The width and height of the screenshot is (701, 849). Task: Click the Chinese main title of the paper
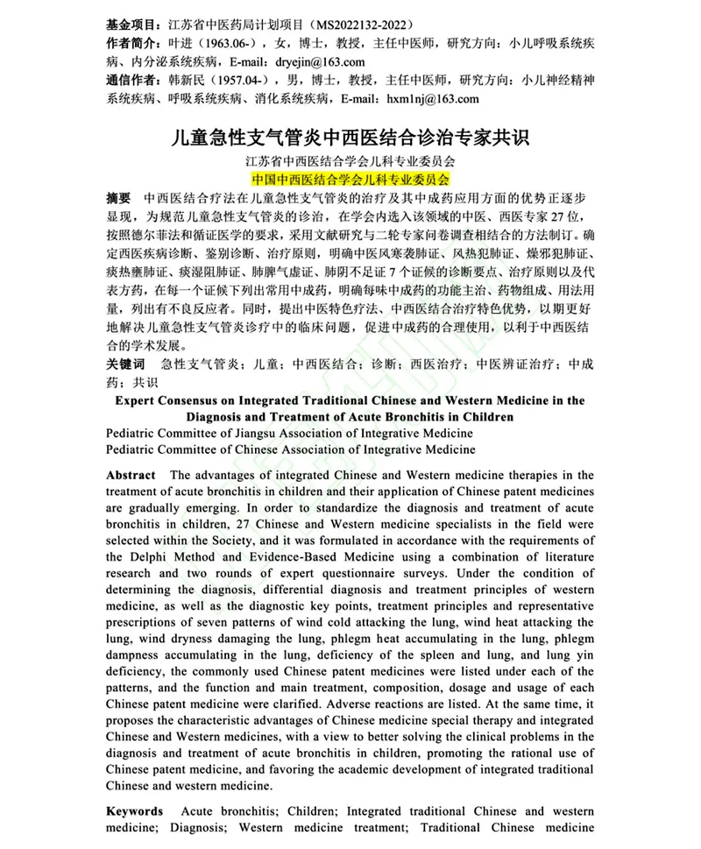click(350, 138)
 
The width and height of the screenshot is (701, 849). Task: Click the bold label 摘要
click(119, 198)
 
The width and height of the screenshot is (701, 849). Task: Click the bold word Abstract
click(131, 474)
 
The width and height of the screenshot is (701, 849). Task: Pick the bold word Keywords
click(134, 811)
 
